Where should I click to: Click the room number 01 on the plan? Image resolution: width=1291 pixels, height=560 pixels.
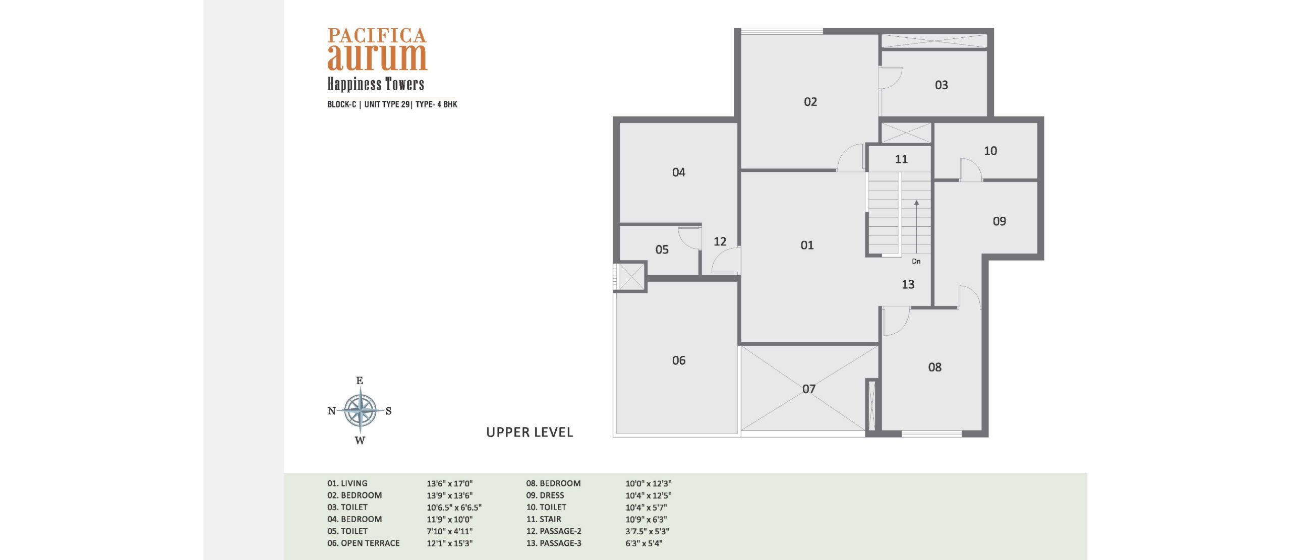[807, 245]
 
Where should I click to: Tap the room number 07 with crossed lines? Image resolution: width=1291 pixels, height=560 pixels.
[809, 389]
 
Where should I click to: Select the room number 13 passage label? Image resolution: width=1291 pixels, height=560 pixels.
[908, 285]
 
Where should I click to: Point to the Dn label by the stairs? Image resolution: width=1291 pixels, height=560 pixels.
[916, 261]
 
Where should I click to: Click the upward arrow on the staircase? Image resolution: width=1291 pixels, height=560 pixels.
[916, 226]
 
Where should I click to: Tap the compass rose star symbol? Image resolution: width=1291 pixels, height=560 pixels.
[360, 410]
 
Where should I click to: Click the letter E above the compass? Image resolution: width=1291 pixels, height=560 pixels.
[360, 381]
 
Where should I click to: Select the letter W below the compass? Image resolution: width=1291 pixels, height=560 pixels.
[360, 441]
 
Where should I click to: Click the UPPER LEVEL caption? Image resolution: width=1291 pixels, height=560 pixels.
[530, 432]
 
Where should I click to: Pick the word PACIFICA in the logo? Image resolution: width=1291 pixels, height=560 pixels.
[377, 35]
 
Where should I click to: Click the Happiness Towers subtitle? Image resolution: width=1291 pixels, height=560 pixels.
[376, 84]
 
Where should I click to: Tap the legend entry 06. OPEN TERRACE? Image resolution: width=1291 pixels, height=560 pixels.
[363, 543]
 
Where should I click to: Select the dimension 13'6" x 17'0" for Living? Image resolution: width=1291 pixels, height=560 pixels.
[450, 483]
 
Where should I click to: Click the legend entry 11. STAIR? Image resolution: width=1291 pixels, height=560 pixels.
[544, 519]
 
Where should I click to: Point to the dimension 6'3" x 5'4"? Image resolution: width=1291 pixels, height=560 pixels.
[644, 543]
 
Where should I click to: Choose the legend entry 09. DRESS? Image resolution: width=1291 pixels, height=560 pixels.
[545, 495]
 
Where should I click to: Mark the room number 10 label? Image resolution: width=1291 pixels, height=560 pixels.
[990, 151]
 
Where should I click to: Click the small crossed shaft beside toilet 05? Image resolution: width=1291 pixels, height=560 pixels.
[631, 276]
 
